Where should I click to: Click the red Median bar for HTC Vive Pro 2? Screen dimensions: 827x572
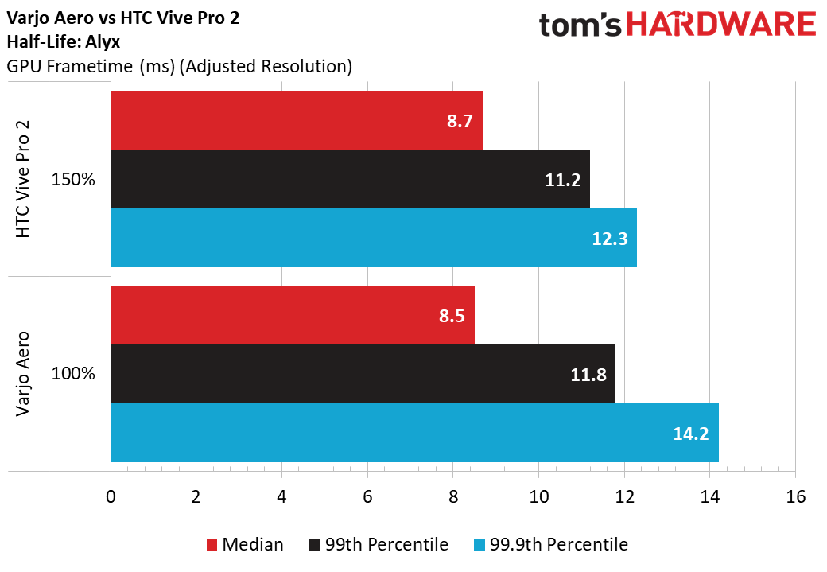click(x=297, y=120)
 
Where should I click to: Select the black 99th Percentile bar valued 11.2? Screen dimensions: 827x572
click(x=350, y=179)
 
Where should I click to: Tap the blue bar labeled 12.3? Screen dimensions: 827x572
click(x=374, y=237)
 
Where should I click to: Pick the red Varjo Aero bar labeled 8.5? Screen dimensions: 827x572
click(x=293, y=315)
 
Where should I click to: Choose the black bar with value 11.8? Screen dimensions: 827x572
click(x=363, y=374)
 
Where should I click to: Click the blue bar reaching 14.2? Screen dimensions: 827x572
click(x=414, y=433)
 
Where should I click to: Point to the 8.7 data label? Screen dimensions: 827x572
click(x=460, y=121)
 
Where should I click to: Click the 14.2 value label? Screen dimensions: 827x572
click(x=691, y=434)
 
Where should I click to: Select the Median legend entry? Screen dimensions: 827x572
click(x=245, y=544)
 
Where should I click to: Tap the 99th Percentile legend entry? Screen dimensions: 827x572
click(x=379, y=544)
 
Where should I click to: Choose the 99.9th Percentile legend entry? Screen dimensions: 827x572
click(x=551, y=544)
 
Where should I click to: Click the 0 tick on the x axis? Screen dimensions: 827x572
click(x=111, y=496)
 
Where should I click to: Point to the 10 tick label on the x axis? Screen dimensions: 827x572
click(x=538, y=496)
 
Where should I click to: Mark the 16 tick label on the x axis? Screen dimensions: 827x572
click(x=795, y=496)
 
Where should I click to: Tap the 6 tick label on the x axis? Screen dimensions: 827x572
click(x=367, y=496)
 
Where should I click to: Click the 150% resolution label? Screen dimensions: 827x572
click(x=73, y=180)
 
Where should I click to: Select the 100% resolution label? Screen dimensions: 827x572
click(x=73, y=374)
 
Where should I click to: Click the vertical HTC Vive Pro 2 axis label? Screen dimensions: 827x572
click(x=23, y=179)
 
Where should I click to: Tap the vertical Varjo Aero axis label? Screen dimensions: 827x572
click(x=23, y=374)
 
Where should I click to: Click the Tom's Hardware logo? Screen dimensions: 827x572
click(x=678, y=25)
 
